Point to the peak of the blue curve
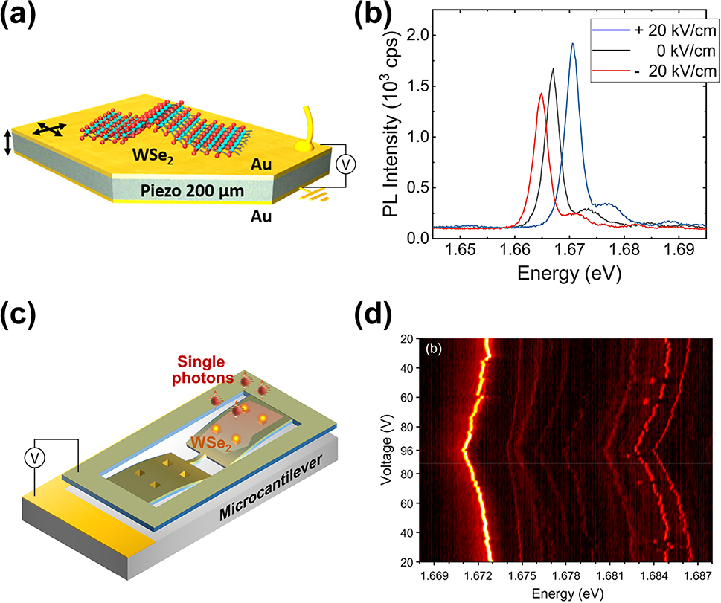(x=573, y=44)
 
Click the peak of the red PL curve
(x=541, y=94)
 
